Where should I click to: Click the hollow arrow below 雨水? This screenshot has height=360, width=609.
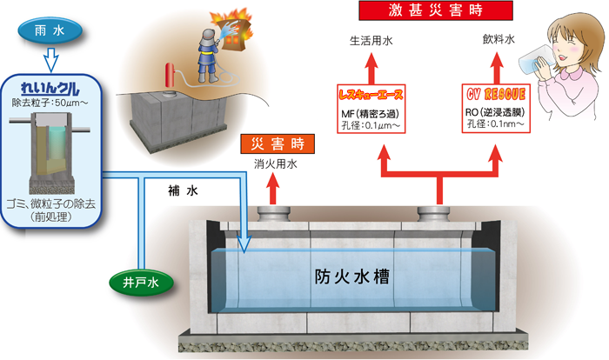pos(49,59)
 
